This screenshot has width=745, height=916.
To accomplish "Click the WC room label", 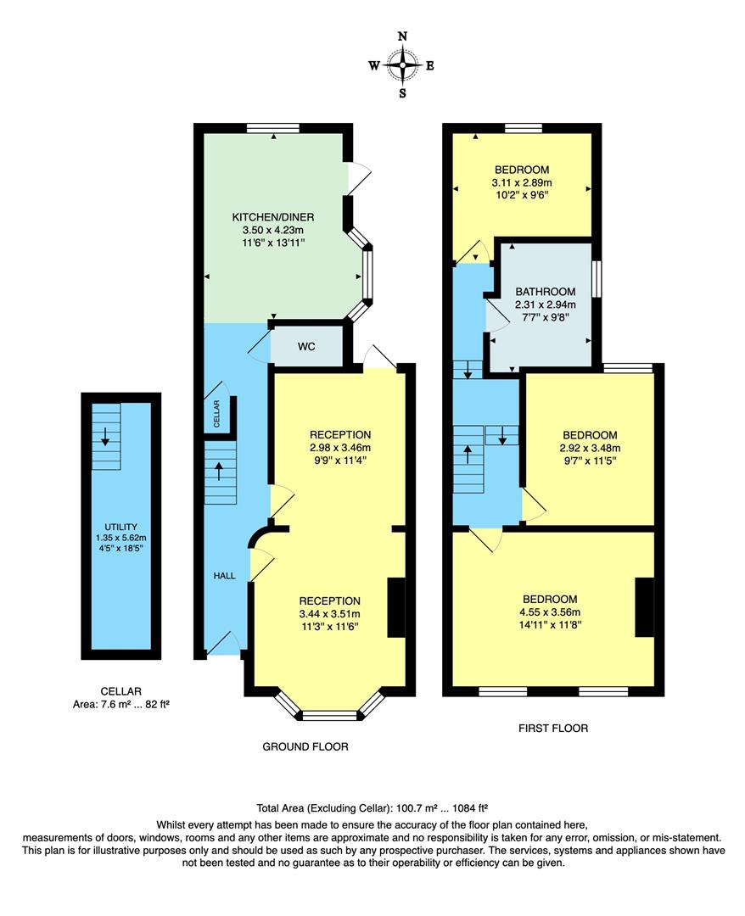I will [x=307, y=347].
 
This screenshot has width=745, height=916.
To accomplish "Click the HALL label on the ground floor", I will [x=224, y=575].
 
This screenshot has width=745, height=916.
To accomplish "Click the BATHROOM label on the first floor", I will [x=545, y=292].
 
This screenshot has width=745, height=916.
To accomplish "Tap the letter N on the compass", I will [x=402, y=36].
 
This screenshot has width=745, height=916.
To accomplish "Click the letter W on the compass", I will [x=373, y=65].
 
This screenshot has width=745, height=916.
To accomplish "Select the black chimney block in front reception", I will [x=396, y=607].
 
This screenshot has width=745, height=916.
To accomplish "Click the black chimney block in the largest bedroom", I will [x=645, y=607].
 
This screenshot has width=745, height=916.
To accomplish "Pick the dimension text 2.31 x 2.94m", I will [x=545, y=304].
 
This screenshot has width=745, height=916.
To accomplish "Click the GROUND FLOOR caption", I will [x=305, y=746].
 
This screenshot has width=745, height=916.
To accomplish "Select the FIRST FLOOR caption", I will [x=552, y=728].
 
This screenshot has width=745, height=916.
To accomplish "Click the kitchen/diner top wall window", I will [x=273, y=129].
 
